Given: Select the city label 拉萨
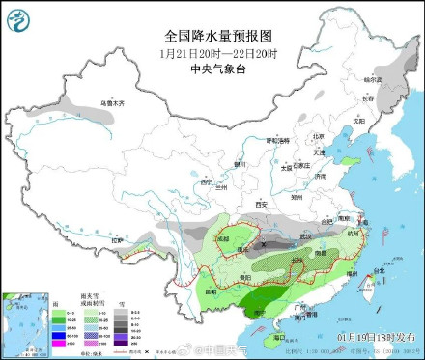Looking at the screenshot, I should tap(119, 239).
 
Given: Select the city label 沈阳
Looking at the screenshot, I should tap(359, 122).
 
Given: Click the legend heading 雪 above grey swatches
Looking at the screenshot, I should tap(121, 302).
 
